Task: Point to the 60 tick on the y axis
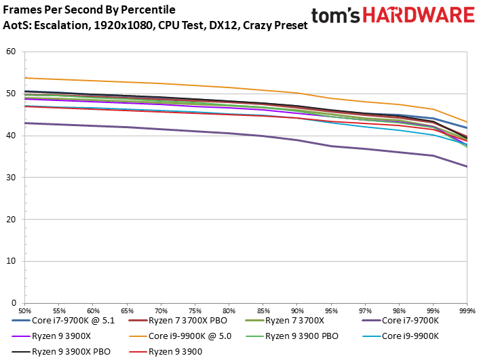[x=10, y=52]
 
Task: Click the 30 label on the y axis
[x=10, y=178]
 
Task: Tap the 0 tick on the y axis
[x=13, y=303]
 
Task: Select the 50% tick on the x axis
[x=24, y=309]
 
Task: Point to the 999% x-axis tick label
[x=467, y=309]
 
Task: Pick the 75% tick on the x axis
[x=195, y=309]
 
